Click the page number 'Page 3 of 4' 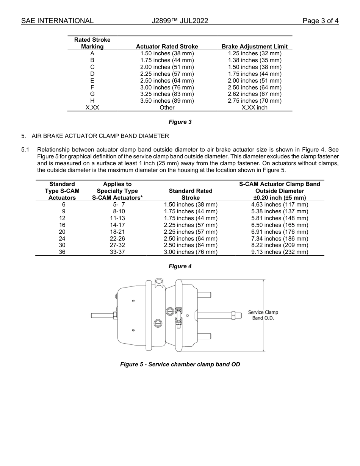click(x=320, y=21)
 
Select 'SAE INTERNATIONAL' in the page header click(x=57, y=21)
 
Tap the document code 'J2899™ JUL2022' click(x=180, y=21)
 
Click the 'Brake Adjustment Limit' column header click(x=254, y=47)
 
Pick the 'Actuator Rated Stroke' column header click(x=167, y=47)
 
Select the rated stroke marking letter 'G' click(x=92, y=94)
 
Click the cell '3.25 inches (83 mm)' click(x=167, y=94)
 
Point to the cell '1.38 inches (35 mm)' click(x=254, y=60)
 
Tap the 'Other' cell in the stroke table click(x=167, y=108)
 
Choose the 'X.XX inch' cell click(x=254, y=108)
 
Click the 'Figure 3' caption click(x=180, y=122)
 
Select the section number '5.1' click(x=25, y=150)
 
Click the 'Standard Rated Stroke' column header click(x=190, y=194)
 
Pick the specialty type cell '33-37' click(x=117, y=252)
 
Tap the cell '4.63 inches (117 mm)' click(x=280, y=205)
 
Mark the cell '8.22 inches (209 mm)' click(x=280, y=245)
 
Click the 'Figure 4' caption click(x=180, y=266)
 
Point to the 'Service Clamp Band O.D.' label click(x=263, y=315)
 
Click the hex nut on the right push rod click(x=233, y=315)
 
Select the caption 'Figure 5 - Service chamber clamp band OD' click(x=180, y=364)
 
